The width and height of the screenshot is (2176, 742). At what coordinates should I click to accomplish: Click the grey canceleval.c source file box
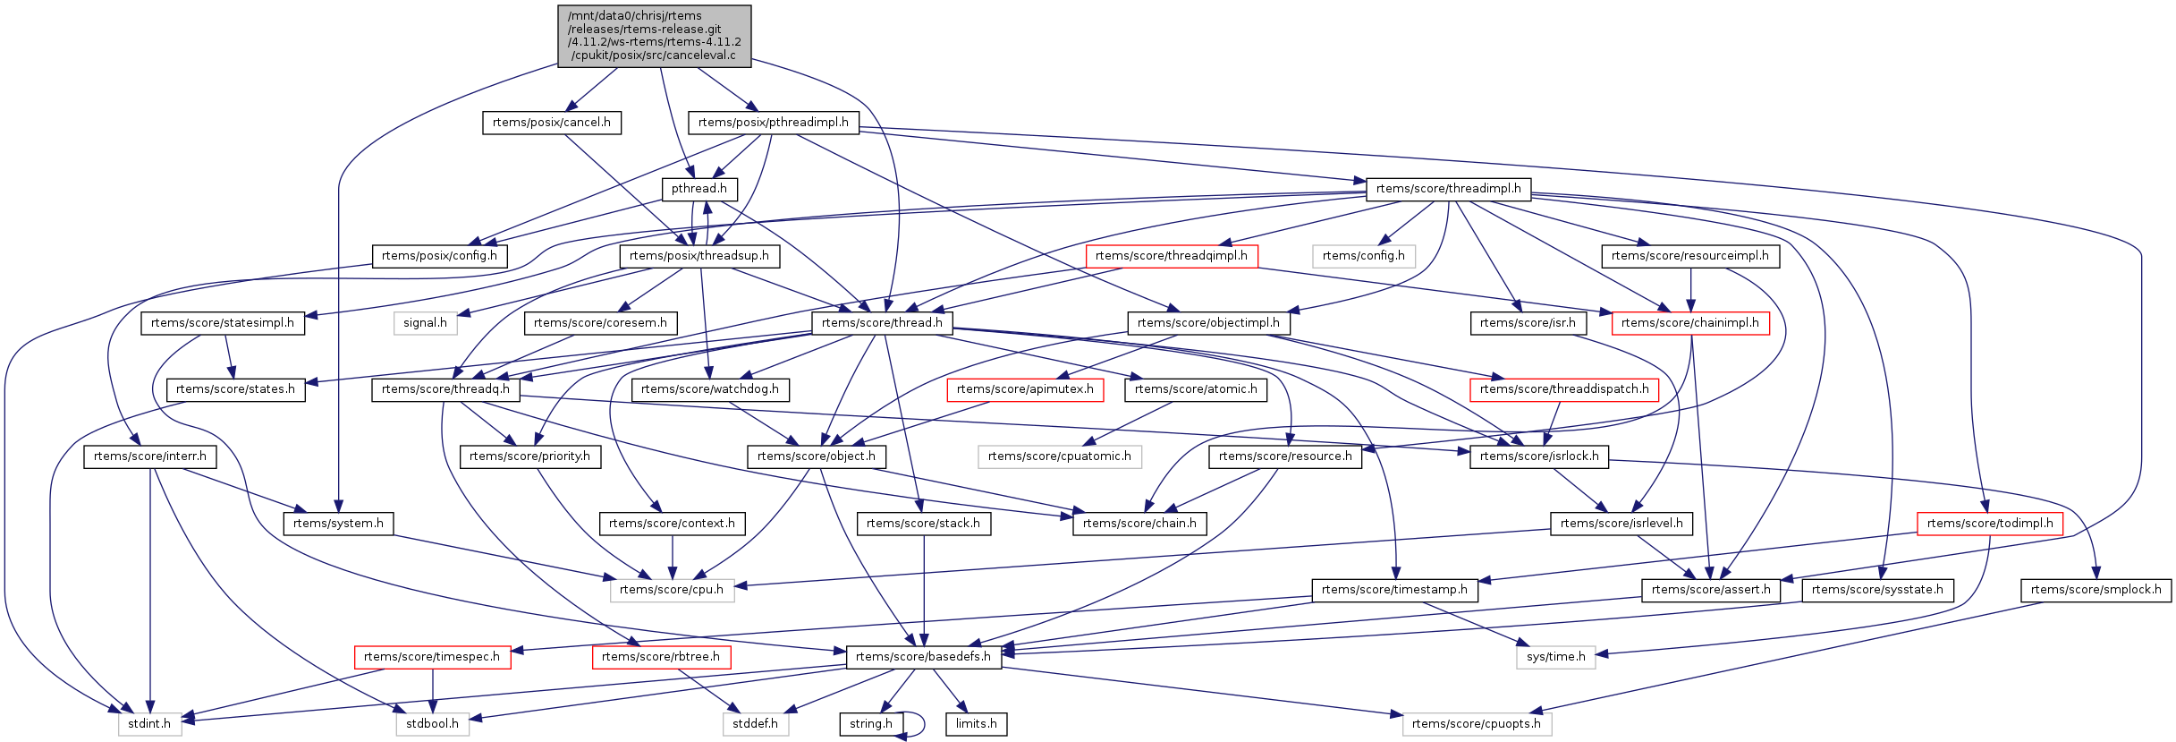tap(654, 36)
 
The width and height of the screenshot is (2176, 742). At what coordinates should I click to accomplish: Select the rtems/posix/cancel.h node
tap(551, 123)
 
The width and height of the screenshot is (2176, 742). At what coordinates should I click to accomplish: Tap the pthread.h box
tap(699, 189)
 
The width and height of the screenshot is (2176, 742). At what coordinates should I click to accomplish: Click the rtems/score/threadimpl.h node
tap(1448, 189)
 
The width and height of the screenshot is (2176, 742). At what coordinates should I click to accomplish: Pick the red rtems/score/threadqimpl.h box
tap(1171, 256)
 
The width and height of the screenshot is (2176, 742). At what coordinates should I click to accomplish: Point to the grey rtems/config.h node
tap(1363, 256)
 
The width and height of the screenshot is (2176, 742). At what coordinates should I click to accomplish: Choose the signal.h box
tap(425, 323)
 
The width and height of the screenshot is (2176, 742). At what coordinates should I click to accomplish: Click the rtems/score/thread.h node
tap(882, 323)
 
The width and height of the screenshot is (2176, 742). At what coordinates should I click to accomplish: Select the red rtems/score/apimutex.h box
tap(1025, 389)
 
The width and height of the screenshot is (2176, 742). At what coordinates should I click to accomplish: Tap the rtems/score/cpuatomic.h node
tap(1059, 456)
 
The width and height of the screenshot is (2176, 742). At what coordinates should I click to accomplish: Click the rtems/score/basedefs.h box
tap(923, 657)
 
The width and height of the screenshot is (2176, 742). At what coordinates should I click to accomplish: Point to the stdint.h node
tap(149, 724)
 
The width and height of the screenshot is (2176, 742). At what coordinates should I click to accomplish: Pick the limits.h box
tap(976, 724)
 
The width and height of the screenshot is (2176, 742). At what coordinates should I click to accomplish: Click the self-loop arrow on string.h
tap(921, 724)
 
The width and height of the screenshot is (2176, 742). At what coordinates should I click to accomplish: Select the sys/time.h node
tap(1555, 657)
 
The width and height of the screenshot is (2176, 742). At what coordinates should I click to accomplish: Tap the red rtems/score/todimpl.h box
tap(1990, 524)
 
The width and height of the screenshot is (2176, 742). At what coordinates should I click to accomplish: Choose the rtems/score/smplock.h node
tap(2096, 590)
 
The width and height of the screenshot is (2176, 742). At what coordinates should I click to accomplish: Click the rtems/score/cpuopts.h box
tap(1477, 724)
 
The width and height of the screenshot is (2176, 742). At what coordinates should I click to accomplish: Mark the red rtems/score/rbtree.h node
tap(661, 657)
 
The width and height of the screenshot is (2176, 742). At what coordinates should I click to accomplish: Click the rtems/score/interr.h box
tap(149, 456)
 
